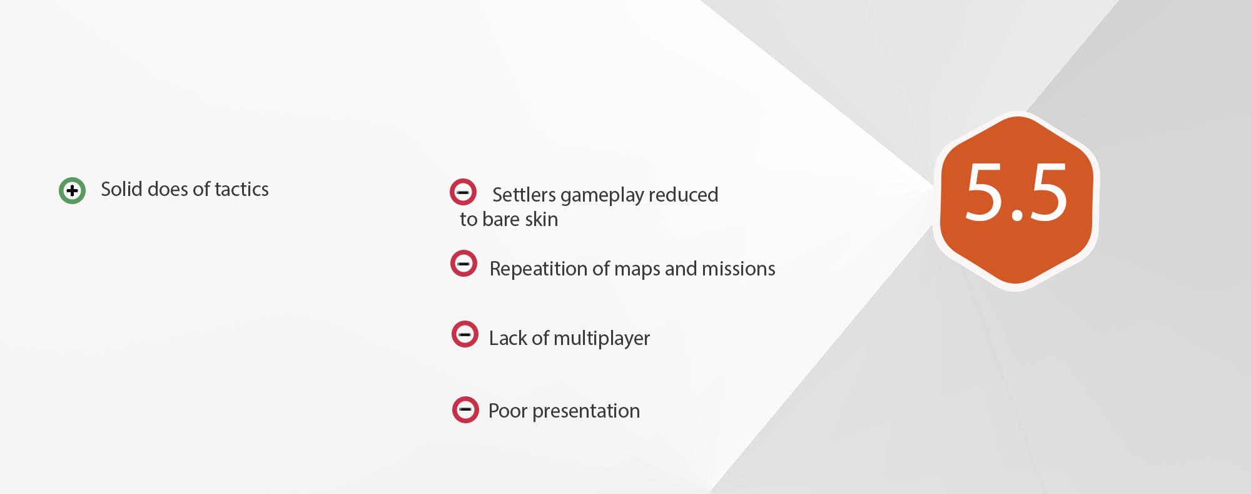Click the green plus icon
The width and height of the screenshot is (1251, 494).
(x=72, y=190)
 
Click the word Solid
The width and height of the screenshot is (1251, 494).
(x=121, y=189)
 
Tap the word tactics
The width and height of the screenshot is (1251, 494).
(x=241, y=189)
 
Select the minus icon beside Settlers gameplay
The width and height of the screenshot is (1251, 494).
(x=463, y=192)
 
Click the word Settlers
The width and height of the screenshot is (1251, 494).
(x=524, y=195)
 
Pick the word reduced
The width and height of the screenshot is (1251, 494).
(x=684, y=195)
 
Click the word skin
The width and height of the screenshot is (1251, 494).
(x=542, y=219)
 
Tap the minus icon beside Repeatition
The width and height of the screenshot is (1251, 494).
(x=463, y=264)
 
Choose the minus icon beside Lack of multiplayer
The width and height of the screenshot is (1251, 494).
(x=465, y=334)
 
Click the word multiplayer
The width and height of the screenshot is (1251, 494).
(x=602, y=339)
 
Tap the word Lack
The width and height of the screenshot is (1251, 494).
(x=508, y=338)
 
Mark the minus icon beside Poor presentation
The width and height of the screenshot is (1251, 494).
(x=465, y=410)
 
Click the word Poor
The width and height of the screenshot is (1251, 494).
(x=508, y=411)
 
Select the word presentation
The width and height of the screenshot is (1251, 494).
(x=586, y=411)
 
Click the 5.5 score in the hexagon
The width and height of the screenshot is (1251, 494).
(x=1016, y=192)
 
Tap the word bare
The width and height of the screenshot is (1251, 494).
(x=501, y=219)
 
